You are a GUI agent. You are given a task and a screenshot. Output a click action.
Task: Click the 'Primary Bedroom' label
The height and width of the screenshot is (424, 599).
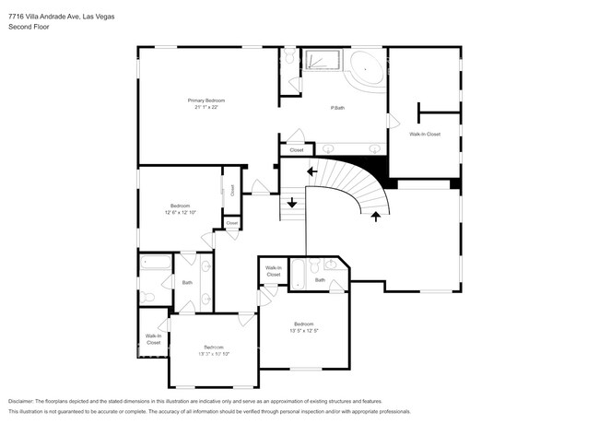[207, 100]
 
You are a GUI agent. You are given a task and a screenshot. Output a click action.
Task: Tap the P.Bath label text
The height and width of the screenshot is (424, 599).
[338, 109]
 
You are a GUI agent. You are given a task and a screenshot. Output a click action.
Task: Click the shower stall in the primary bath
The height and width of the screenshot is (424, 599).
[323, 61]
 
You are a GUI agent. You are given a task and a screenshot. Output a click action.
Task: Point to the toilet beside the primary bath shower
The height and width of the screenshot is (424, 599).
[288, 59]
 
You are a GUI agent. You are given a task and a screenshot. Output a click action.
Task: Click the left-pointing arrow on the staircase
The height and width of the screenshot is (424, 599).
[312, 171]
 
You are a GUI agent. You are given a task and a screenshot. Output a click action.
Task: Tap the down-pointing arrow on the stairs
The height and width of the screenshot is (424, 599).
[293, 203]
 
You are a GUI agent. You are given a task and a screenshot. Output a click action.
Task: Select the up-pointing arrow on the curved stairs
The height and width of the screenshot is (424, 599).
[375, 217]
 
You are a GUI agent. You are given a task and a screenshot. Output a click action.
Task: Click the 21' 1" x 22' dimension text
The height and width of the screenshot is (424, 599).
[206, 107]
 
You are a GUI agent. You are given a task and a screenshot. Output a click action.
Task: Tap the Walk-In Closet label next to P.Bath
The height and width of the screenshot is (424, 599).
[425, 135]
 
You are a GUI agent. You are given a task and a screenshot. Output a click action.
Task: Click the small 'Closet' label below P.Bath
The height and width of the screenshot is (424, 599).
[297, 149]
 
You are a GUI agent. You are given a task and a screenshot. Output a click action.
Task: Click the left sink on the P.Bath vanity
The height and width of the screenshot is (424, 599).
[329, 147]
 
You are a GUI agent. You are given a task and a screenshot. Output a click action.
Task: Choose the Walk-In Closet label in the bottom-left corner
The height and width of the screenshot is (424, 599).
[152, 339]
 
